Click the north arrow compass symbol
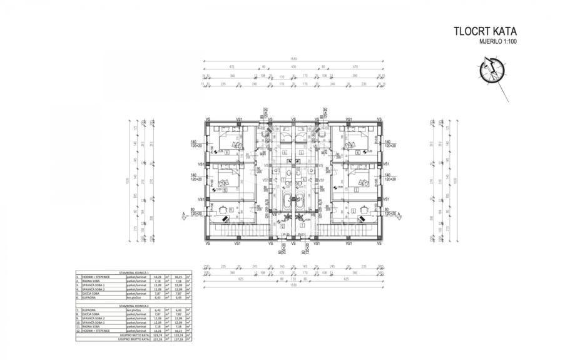click(x=491, y=71)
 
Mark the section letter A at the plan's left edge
click(x=181, y=213)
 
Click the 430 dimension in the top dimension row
click(x=293, y=66)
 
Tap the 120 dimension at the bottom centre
click(x=293, y=279)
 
